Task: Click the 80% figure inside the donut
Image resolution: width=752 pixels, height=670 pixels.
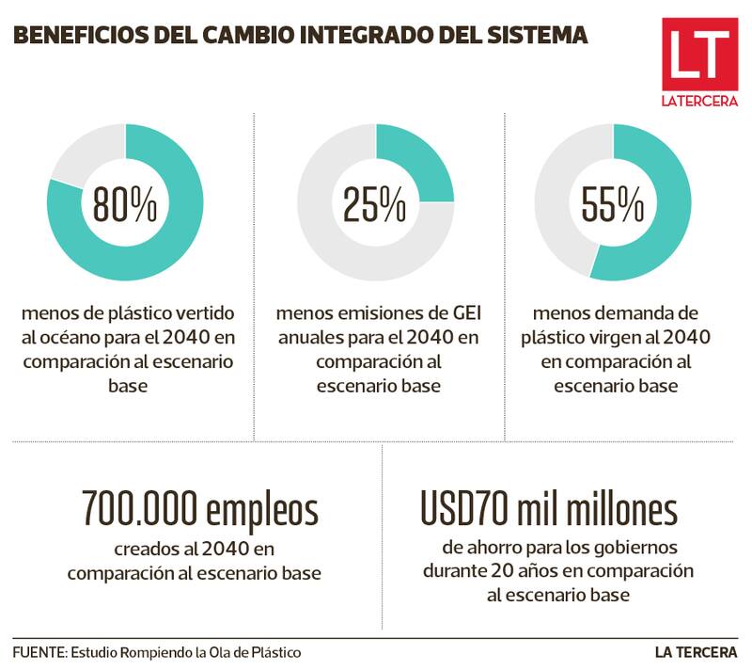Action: point(125,203)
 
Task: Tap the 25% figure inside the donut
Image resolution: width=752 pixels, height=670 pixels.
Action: point(375,203)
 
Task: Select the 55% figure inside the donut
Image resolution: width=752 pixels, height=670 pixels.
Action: point(613,203)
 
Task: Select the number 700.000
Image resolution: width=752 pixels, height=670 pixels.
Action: point(141,510)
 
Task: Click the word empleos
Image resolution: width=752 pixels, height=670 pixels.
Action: point(262,510)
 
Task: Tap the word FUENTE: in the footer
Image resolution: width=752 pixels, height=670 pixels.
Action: point(39,651)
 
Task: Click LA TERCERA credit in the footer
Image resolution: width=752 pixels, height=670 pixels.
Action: point(697,651)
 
